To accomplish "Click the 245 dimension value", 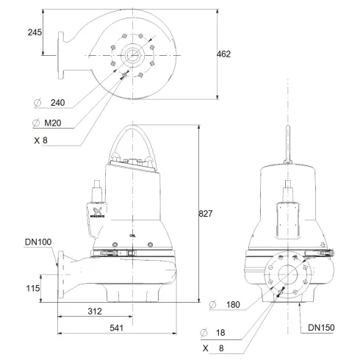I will pos(35,32).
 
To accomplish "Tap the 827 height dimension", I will pos(206,214).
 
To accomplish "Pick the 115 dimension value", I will pos(32,289).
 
